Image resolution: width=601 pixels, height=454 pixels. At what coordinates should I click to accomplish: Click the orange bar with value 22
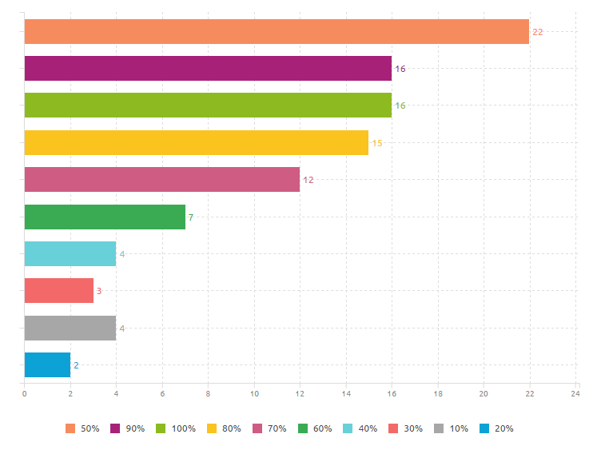point(277,31)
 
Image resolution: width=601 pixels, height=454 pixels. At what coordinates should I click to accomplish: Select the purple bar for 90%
point(208,69)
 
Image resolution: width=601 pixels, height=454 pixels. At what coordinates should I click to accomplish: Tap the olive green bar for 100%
point(208,106)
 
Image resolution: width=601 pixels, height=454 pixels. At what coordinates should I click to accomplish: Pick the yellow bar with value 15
point(197,142)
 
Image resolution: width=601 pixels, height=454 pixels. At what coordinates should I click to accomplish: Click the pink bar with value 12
point(162,180)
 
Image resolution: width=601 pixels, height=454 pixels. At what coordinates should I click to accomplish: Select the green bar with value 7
point(105,217)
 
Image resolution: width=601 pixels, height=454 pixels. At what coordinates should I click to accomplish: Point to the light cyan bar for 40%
point(70,253)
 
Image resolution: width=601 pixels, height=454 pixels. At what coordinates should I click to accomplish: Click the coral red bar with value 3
point(59,291)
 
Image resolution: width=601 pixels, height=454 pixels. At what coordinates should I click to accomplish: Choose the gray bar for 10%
point(70,328)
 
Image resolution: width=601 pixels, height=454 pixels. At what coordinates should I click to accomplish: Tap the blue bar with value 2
point(47,364)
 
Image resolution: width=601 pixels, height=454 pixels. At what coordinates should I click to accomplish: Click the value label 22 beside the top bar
point(538,32)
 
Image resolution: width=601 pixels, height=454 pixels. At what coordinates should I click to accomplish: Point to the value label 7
point(190,217)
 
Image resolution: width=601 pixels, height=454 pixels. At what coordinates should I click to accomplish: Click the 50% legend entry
point(82,429)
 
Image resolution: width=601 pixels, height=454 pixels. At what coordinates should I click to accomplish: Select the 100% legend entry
point(175,429)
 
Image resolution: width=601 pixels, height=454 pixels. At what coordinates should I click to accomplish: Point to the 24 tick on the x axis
point(575,394)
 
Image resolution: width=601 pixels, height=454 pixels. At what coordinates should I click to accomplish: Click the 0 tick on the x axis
point(25,394)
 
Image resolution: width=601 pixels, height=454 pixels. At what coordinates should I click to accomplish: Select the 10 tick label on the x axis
point(254,394)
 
